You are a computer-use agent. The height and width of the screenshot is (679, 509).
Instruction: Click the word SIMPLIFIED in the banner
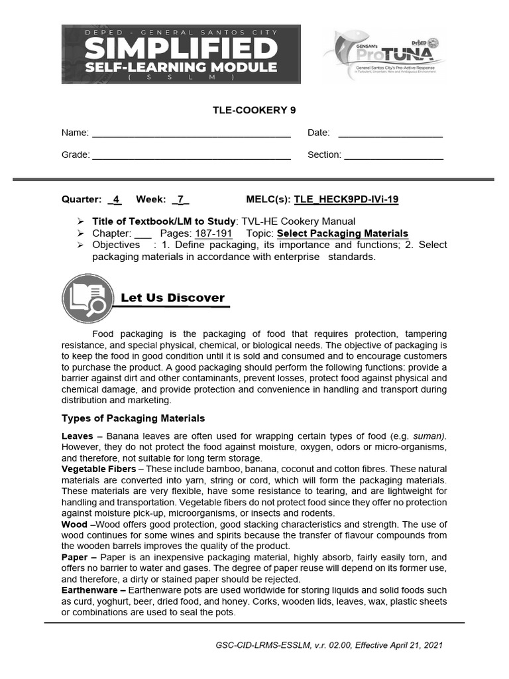(x=181, y=48)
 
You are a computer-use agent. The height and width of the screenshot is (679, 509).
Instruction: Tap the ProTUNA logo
(x=384, y=55)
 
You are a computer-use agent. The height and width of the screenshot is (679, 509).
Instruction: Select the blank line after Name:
(x=191, y=133)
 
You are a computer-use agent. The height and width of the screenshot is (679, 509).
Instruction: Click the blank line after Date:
(x=390, y=133)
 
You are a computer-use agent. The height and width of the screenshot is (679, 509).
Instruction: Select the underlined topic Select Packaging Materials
(x=342, y=233)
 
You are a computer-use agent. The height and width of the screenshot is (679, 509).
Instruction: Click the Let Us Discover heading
(x=172, y=298)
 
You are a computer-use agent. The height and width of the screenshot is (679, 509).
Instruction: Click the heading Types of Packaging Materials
(x=133, y=418)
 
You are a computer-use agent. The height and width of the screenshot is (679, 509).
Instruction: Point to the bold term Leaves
(x=78, y=436)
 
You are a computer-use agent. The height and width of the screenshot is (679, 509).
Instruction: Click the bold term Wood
(x=74, y=525)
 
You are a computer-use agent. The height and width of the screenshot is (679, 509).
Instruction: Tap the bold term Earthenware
(x=90, y=590)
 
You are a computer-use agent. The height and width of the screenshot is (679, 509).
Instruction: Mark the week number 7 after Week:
(x=180, y=199)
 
